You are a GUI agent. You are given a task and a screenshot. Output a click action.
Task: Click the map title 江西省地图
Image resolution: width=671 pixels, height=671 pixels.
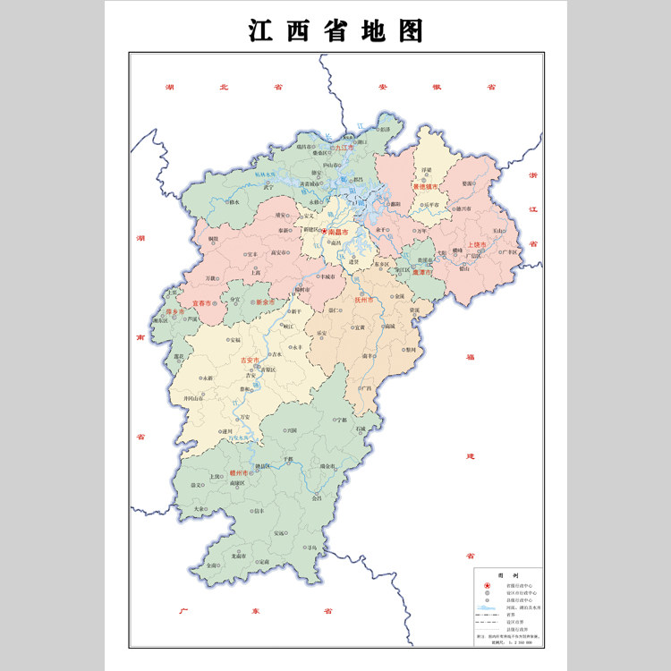click(x=335, y=31)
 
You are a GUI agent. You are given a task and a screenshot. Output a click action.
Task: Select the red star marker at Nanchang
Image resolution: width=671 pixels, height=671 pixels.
click(x=325, y=231)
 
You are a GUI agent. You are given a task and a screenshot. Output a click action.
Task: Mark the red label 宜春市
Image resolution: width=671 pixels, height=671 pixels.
click(x=202, y=303)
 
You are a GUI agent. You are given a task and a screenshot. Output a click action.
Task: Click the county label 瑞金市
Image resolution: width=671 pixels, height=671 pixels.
click(x=327, y=465)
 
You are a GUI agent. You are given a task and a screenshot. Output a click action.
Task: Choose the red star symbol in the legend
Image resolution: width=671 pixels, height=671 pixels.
click(x=488, y=585)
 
